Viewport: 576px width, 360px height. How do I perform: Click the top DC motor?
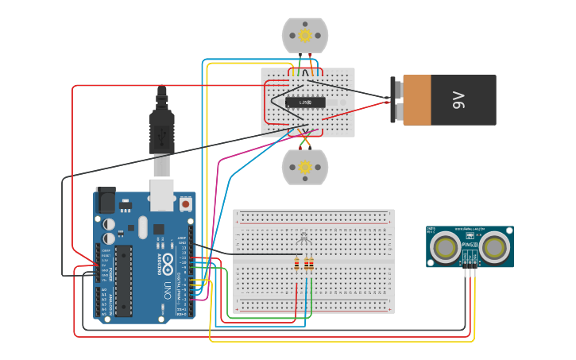[x=305, y=35]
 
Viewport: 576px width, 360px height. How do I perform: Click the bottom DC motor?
[x=305, y=167]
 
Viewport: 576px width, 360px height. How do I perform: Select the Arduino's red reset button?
[x=186, y=204]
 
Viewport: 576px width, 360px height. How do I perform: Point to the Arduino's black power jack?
[x=105, y=199]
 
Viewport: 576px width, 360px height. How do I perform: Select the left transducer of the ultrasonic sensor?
[x=444, y=248]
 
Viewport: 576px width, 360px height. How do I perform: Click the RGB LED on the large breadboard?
[x=303, y=238]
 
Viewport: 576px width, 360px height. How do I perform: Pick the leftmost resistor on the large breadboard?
[x=297, y=264]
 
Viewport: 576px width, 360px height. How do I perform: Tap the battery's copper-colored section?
[x=417, y=100]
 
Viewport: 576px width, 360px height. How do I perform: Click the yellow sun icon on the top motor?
[x=305, y=35]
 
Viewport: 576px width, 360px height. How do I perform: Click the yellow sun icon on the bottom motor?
[x=305, y=167]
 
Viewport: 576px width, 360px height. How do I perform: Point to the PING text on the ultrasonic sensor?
[x=469, y=245]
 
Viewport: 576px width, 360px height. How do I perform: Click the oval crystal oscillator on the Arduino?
[x=143, y=227]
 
